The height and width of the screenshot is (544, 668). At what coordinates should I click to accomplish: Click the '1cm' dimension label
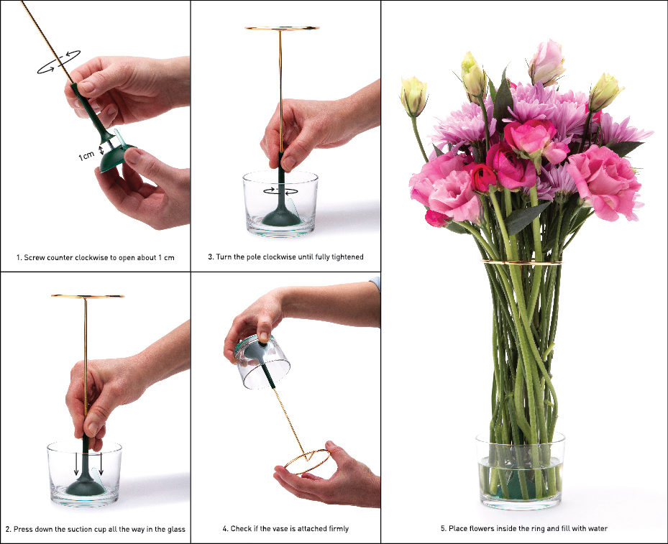pos(86,155)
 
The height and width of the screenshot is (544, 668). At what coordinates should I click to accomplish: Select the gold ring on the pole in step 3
pos(281,29)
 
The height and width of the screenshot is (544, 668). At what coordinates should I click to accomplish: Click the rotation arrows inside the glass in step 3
pos(280,190)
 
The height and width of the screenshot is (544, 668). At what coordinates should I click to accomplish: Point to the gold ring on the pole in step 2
pos(87,296)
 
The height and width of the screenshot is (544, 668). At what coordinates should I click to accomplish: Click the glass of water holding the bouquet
pos(519,471)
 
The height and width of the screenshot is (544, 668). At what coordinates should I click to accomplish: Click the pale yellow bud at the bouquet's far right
pos(605,91)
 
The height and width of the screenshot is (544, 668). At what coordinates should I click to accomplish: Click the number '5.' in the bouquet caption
pos(444,529)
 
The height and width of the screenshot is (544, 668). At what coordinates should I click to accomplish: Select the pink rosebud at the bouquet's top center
pos(546,62)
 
